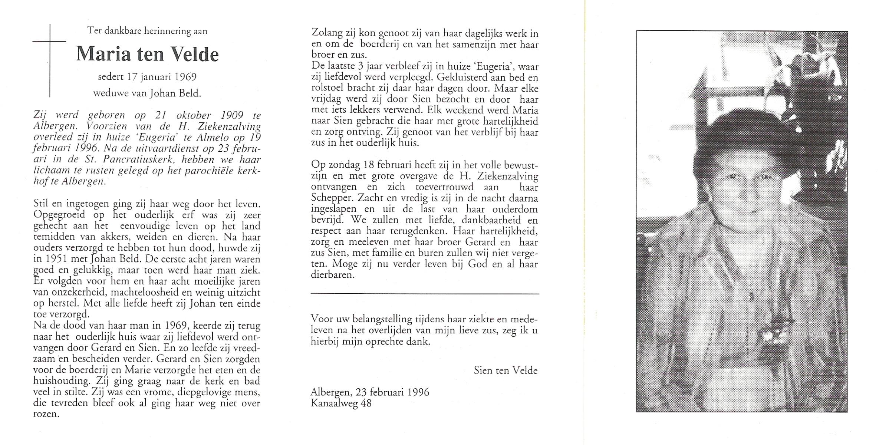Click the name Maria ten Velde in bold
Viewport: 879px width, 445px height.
click(147, 54)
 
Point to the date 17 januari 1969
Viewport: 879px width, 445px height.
click(147, 77)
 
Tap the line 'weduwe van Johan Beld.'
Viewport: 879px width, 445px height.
click(147, 93)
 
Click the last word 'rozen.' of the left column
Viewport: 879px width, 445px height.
click(46, 414)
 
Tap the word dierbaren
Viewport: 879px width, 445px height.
click(333, 275)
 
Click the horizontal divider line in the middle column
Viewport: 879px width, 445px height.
click(425, 294)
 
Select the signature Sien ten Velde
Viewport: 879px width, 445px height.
click(506, 370)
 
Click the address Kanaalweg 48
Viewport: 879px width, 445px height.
click(341, 403)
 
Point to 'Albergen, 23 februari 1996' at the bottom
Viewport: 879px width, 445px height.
click(370, 392)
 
